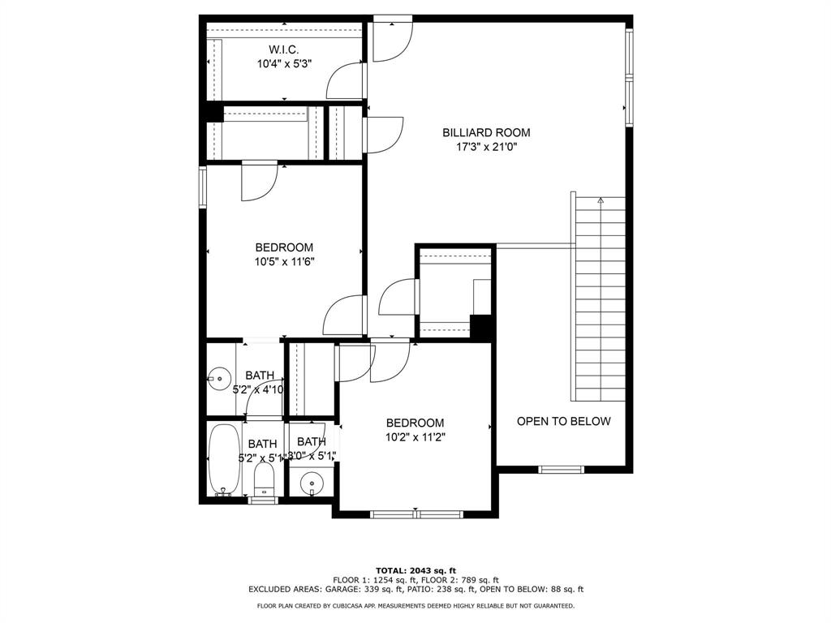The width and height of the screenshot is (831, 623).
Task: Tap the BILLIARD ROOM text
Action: coord(486,132)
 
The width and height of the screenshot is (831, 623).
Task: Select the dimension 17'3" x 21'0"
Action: coord(486,147)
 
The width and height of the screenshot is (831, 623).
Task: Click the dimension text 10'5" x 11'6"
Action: coord(284,261)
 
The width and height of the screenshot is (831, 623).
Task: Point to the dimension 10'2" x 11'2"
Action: coord(415,436)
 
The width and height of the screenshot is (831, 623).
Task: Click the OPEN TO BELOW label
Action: coord(563,421)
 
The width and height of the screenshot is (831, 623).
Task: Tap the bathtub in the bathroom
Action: coord(222,459)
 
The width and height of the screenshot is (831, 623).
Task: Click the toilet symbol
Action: coord(265,479)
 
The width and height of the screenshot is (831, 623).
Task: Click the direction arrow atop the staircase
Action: coord(601,199)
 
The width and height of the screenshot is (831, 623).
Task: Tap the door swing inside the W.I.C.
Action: coord(344,81)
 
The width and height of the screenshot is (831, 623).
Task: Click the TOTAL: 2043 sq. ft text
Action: coord(415,570)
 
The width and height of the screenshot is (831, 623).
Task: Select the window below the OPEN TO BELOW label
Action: coord(562,469)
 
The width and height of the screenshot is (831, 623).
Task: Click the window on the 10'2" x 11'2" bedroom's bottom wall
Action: coord(416,513)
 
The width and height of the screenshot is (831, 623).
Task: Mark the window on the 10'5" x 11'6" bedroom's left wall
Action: coord(203,187)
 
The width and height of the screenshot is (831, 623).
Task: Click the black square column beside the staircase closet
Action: coord(482,327)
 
